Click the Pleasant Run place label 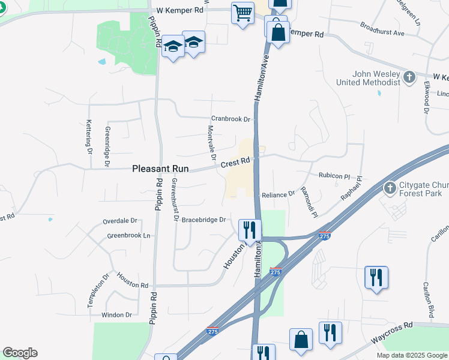coord(160,170)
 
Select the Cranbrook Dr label coord(230,119)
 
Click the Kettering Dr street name coord(89,136)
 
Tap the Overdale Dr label coord(120,221)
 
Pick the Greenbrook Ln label coord(128,235)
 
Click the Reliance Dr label coord(279,194)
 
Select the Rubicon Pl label coord(334,176)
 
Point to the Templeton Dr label coord(91,290)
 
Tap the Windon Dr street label coord(116,314)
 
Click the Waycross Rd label coord(392,325)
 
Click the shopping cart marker coord(243,12)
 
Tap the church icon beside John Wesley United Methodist coord(409,77)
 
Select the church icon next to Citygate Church coord(391,188)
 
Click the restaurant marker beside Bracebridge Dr coord(249,229)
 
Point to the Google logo coord(20,353)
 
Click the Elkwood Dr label coord(427,98)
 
